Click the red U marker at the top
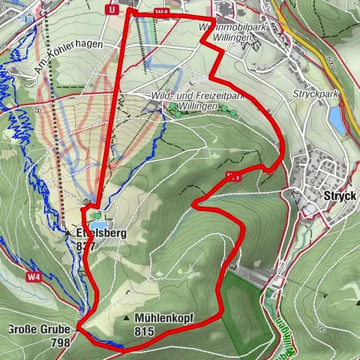112,10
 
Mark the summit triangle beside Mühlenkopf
126,319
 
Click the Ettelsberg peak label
100,233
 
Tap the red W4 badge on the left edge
32,277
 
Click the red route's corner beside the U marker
129,10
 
